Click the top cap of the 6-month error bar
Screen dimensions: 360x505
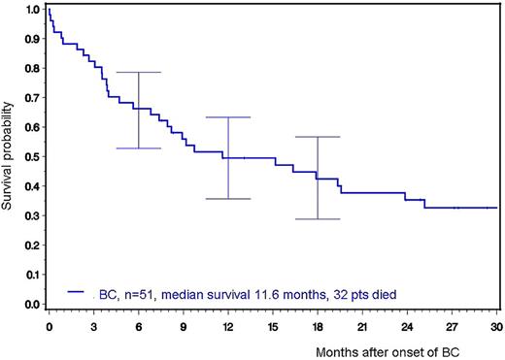(138, 73)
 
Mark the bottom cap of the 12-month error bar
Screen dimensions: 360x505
(228, 199)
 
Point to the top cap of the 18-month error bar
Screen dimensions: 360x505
(318, 137)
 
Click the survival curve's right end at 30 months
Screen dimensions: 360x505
(496, 208)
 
